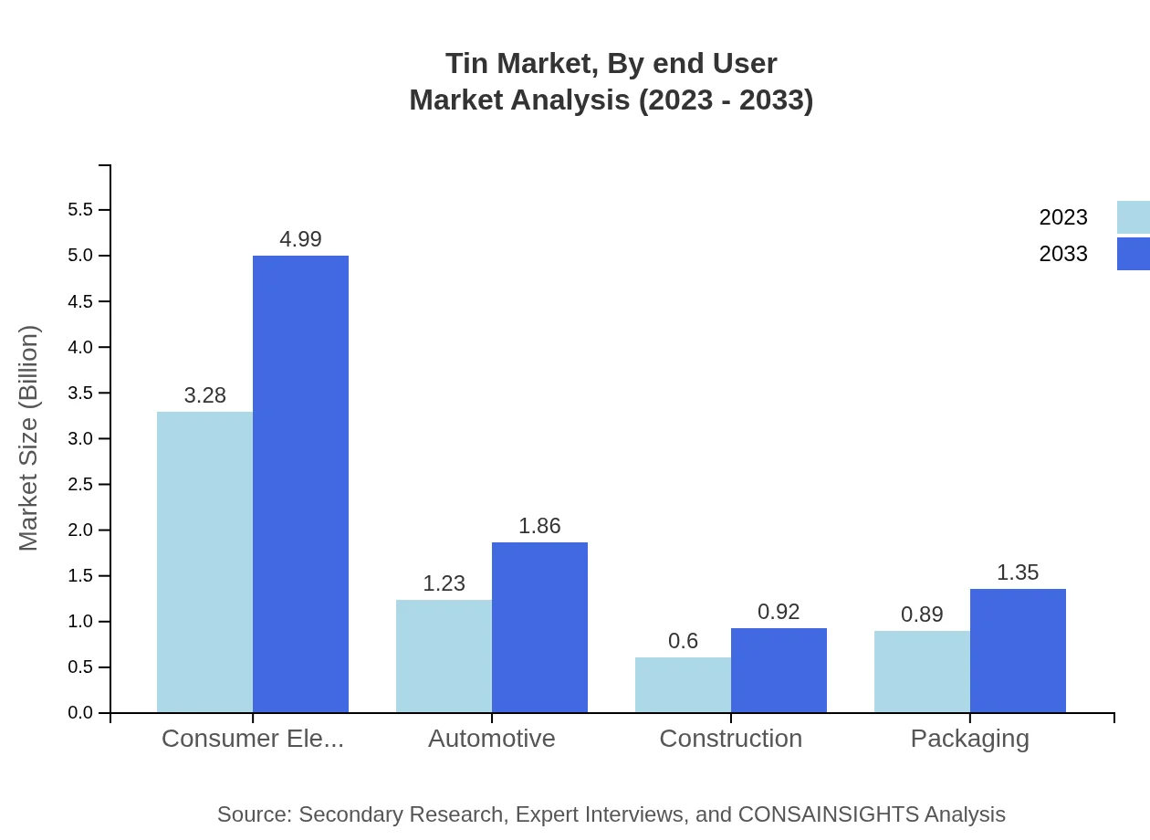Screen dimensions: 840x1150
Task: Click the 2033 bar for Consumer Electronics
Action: [x=300, y=484]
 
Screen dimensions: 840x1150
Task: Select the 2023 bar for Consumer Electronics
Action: [x=204, y=562]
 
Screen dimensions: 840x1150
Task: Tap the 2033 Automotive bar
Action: [x=539, y=627]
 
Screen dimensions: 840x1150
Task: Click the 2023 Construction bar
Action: [x=683, y=685]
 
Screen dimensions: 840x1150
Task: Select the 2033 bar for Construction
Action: [x=779, y=670]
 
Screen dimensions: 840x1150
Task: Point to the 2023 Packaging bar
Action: [x=922, y=671]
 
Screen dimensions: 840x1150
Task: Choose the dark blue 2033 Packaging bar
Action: [x=1018, y=650]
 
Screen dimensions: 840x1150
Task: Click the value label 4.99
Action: [x=300, y=239]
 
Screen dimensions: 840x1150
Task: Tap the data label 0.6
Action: [x=683, y=641]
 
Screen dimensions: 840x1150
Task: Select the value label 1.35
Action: [x=1018, y=572]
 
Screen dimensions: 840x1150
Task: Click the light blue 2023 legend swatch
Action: [x=1133, y=217]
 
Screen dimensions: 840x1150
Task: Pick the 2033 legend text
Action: [x=1063, y=254]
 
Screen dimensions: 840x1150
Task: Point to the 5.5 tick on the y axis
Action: [x=80, y=210]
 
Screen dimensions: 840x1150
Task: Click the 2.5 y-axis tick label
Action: [x=80, y=485]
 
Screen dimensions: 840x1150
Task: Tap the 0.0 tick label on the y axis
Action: [x=80, y=713]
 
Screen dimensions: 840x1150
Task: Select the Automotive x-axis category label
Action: [x=492, y=738]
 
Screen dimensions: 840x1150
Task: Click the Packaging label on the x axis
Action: [x=969, y=738]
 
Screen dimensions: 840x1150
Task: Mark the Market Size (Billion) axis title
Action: [x=28, y=438]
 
